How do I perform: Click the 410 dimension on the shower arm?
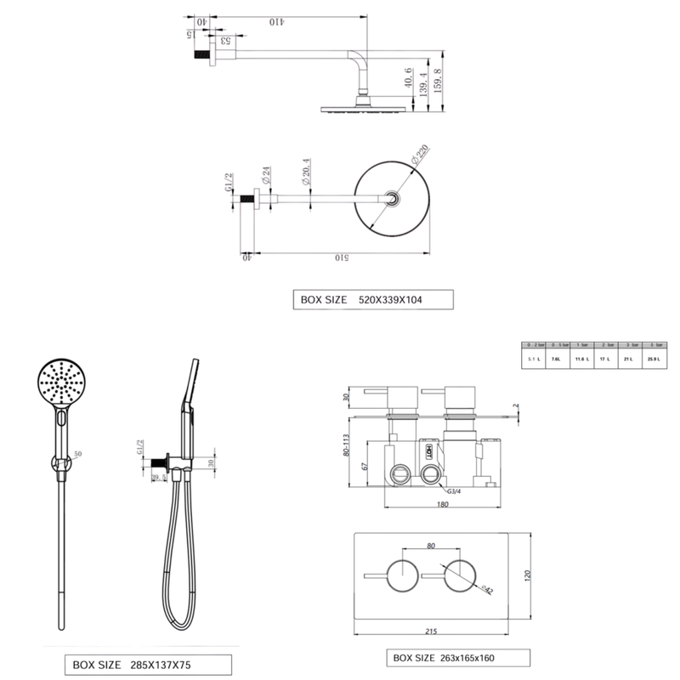point(275,21)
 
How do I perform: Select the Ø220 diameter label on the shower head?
point(418,156)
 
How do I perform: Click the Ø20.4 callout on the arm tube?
point(306,176)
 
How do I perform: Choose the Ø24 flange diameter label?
point(266,179)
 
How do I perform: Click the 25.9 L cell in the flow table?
point(654,360)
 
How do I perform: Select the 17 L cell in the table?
point(604,360)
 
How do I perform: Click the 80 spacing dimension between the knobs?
point(430,547)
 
